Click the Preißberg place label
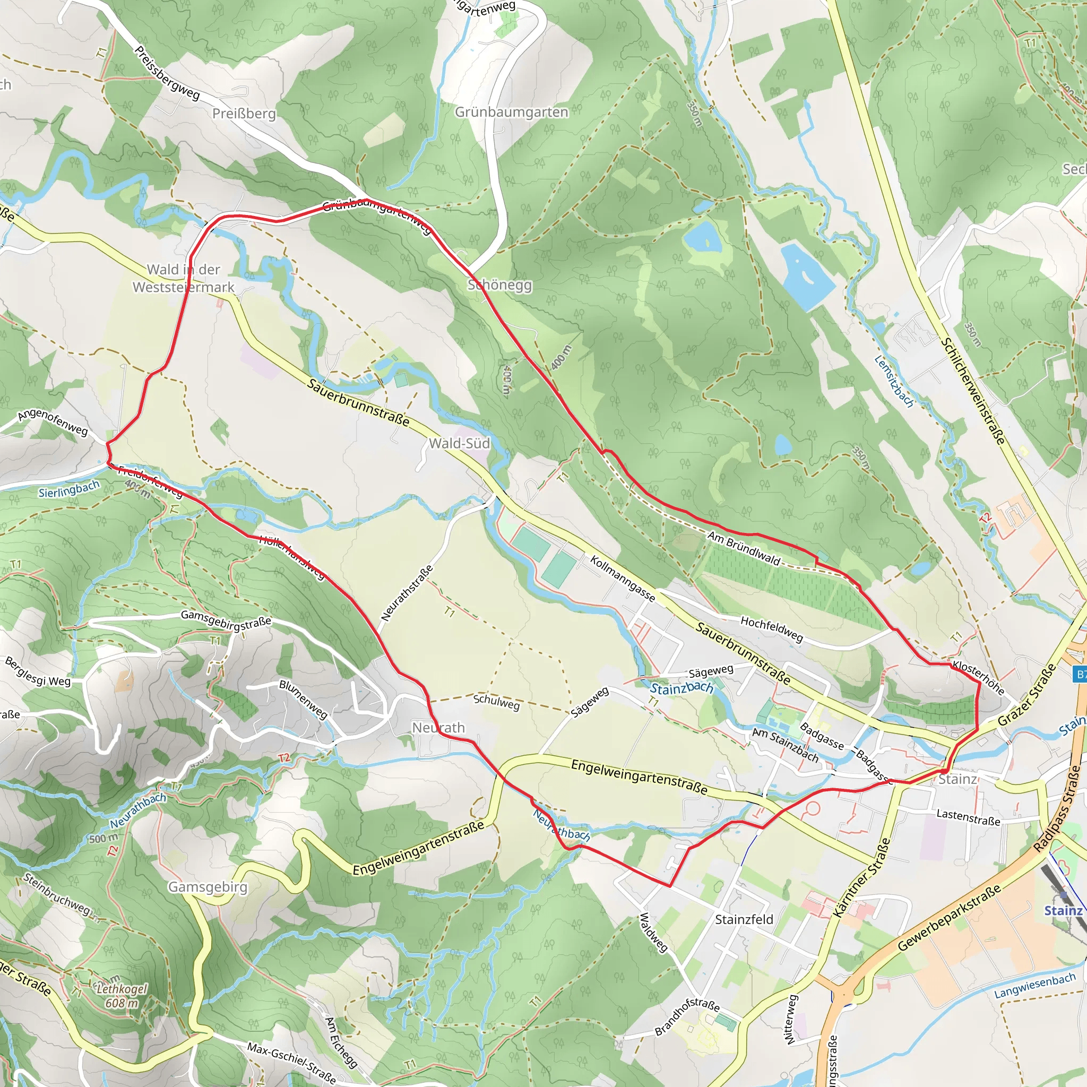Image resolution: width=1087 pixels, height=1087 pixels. [x=244, y=114]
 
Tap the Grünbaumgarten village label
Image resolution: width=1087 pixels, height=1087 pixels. [x=511, y=112]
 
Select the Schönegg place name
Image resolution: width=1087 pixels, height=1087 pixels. [x=499, y=284]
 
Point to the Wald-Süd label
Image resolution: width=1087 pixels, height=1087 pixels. [x=459, y=443]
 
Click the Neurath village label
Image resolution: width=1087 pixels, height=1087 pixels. [x=438, y=728]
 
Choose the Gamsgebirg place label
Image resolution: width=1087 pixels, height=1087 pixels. [x=208, y=887]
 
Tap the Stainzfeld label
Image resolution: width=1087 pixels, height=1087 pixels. [x=744, y=919]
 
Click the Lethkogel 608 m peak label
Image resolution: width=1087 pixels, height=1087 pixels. [x=122, y=996]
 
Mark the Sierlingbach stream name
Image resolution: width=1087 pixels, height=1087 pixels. [x=68, y=489]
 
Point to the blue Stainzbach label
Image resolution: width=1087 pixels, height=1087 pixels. [x=681, y=687]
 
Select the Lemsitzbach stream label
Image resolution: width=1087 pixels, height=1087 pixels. [x=894, y=381]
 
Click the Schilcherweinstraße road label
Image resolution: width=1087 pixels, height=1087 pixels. [x=973, y=391]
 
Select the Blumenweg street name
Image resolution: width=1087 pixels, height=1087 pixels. [x=303, y=700]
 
